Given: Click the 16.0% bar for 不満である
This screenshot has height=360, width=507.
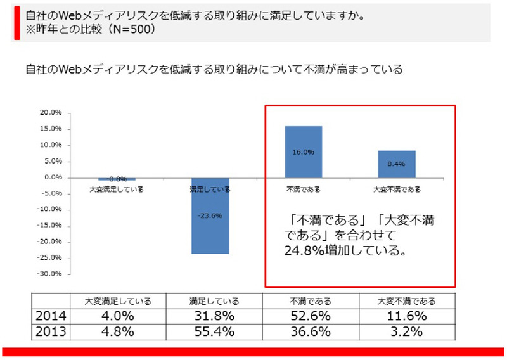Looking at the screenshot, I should [x=304, y=152].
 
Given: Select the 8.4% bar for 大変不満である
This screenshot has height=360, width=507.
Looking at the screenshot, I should [x=396, y=164].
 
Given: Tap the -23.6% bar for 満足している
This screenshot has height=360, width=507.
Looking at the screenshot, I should [x=210, y=215].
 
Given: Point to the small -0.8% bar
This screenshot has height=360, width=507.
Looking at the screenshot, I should [x=117, y=179].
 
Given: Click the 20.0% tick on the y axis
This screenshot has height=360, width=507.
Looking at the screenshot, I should [x=51, y=113].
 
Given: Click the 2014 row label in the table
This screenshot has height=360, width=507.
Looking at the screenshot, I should [x=49, y=315].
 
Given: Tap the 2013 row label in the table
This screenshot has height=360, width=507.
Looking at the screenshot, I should [x=49, y=331].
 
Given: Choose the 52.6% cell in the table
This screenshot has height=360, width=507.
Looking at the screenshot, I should [x=311, y=315].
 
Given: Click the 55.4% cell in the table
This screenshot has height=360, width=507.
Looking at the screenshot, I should [x=214, y=331].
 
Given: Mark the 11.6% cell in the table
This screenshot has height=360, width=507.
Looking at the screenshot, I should [x=406, y=315].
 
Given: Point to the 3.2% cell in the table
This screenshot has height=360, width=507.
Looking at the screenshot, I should [x=406, y=331].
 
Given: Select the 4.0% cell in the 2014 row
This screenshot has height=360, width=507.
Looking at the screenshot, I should [x=117, y=315].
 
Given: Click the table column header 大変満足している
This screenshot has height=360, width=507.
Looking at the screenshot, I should [x=117, y=300].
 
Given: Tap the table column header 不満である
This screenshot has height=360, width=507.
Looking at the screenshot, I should [x=311, y=300].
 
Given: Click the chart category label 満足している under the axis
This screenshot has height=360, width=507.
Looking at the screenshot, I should [x=210, y=189].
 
